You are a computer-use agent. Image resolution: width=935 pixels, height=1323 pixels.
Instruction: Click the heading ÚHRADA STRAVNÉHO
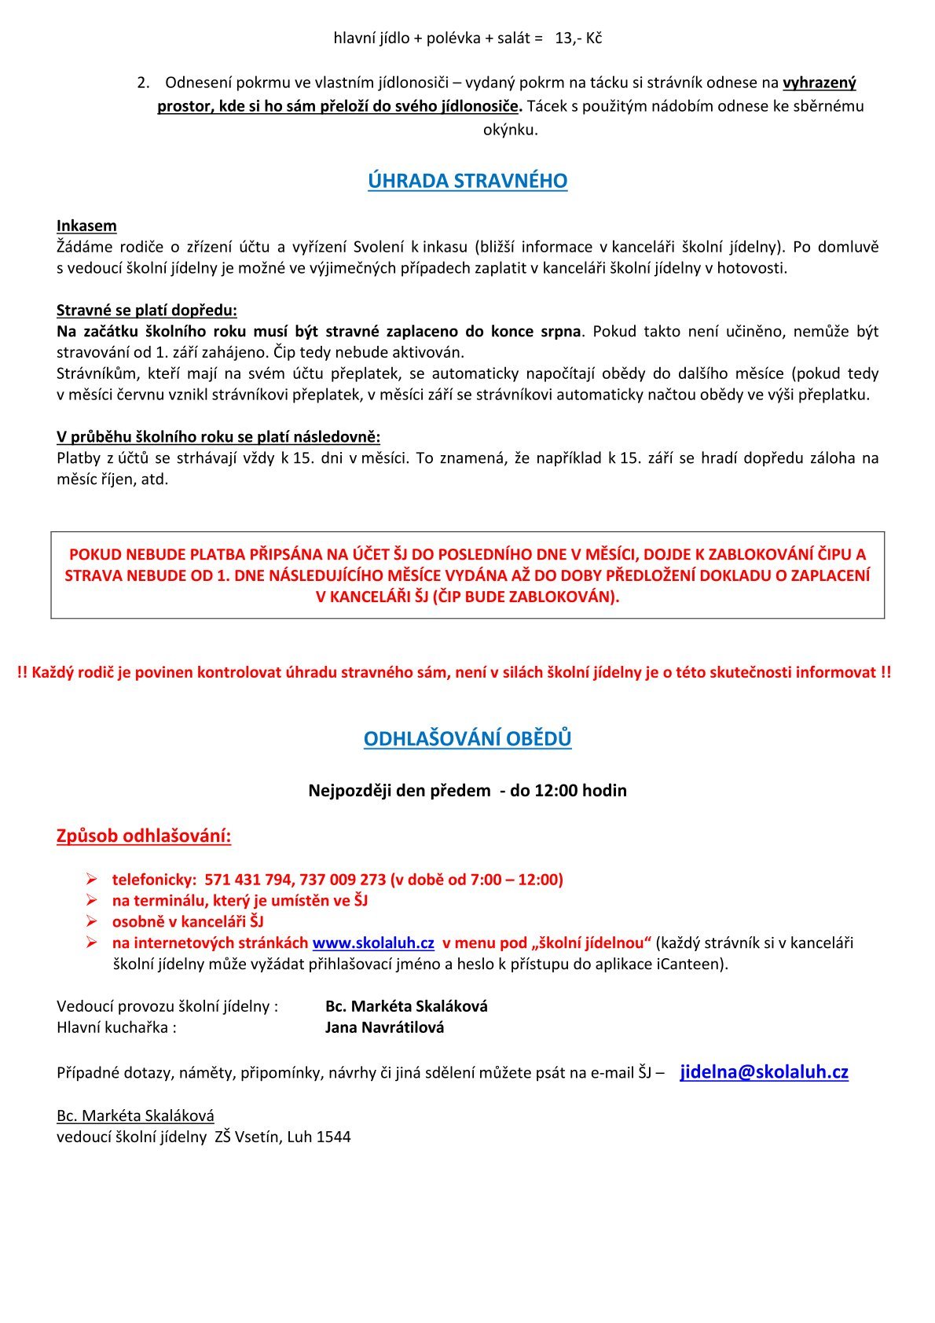click(x=467, y=181)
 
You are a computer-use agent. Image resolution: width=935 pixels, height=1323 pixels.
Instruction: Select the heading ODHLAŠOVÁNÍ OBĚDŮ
click(x=467, y=739)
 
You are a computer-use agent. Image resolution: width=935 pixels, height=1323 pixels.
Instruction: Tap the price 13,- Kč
click(x=578, y=38)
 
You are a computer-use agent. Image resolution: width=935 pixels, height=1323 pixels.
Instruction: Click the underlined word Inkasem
click(x=86, y=226)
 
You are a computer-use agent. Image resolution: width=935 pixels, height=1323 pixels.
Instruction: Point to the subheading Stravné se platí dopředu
click(x=146, y=310)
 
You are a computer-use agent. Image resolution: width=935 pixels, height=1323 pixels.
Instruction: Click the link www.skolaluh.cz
click(x=373, y=943)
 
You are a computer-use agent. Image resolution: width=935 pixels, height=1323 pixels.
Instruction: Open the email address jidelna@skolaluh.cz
click(x=764, y=1071)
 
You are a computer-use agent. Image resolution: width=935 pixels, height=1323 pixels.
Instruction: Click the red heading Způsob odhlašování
click(x=144, y=836)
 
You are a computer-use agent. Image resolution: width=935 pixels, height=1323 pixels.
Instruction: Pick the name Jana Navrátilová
click(x=384, y=1027)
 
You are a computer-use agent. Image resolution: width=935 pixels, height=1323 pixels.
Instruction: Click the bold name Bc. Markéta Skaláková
click(x=406, y=1005)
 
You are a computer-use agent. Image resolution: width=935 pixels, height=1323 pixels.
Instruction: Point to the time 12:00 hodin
click(x=581, y=790)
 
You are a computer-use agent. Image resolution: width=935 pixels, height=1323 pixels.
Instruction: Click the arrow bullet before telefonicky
click(x=91, y=879)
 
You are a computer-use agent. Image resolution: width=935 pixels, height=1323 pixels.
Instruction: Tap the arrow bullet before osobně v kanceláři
click(x=91, y=921)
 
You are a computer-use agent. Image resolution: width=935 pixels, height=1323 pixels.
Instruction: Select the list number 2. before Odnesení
click(x=143, y=83)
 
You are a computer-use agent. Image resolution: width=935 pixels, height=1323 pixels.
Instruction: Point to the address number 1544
click(x=333, y=1136)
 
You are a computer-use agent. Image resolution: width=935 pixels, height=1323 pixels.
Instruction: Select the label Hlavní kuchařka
click(x=116, y=1027)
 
